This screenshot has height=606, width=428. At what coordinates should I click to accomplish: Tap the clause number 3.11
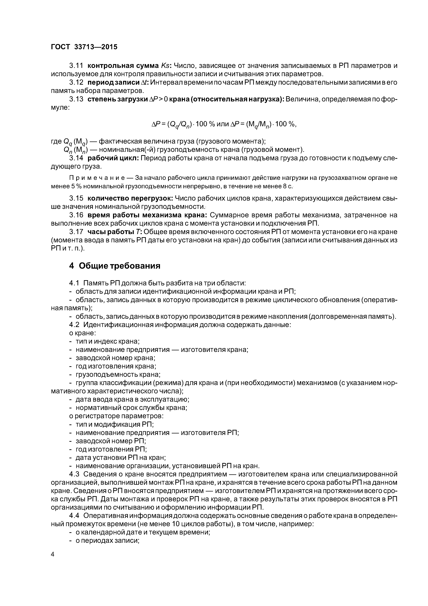pos(76,65)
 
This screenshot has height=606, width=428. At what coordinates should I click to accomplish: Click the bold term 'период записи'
pos(113,82)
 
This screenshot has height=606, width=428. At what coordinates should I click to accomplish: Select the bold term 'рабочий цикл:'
pos(113,158)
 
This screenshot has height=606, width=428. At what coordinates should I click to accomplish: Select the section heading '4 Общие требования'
pos(115,266)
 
